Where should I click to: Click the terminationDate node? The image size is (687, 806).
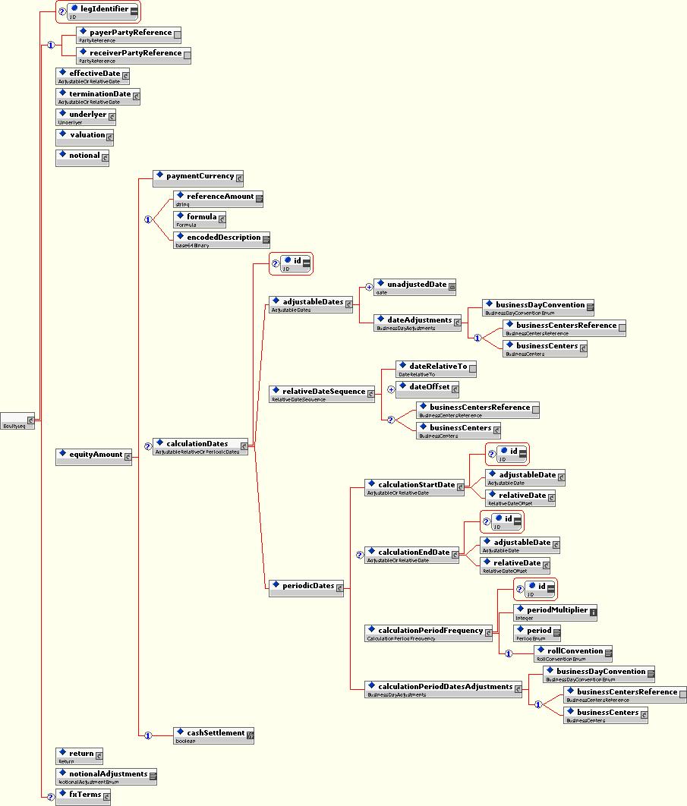pos(98,96)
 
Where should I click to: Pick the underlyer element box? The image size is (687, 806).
pos(86,116)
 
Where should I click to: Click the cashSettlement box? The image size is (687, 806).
pos(214,735)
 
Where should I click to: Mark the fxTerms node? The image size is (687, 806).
pos(84,795)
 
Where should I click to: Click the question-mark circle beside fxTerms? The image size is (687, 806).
pos(51,796)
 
